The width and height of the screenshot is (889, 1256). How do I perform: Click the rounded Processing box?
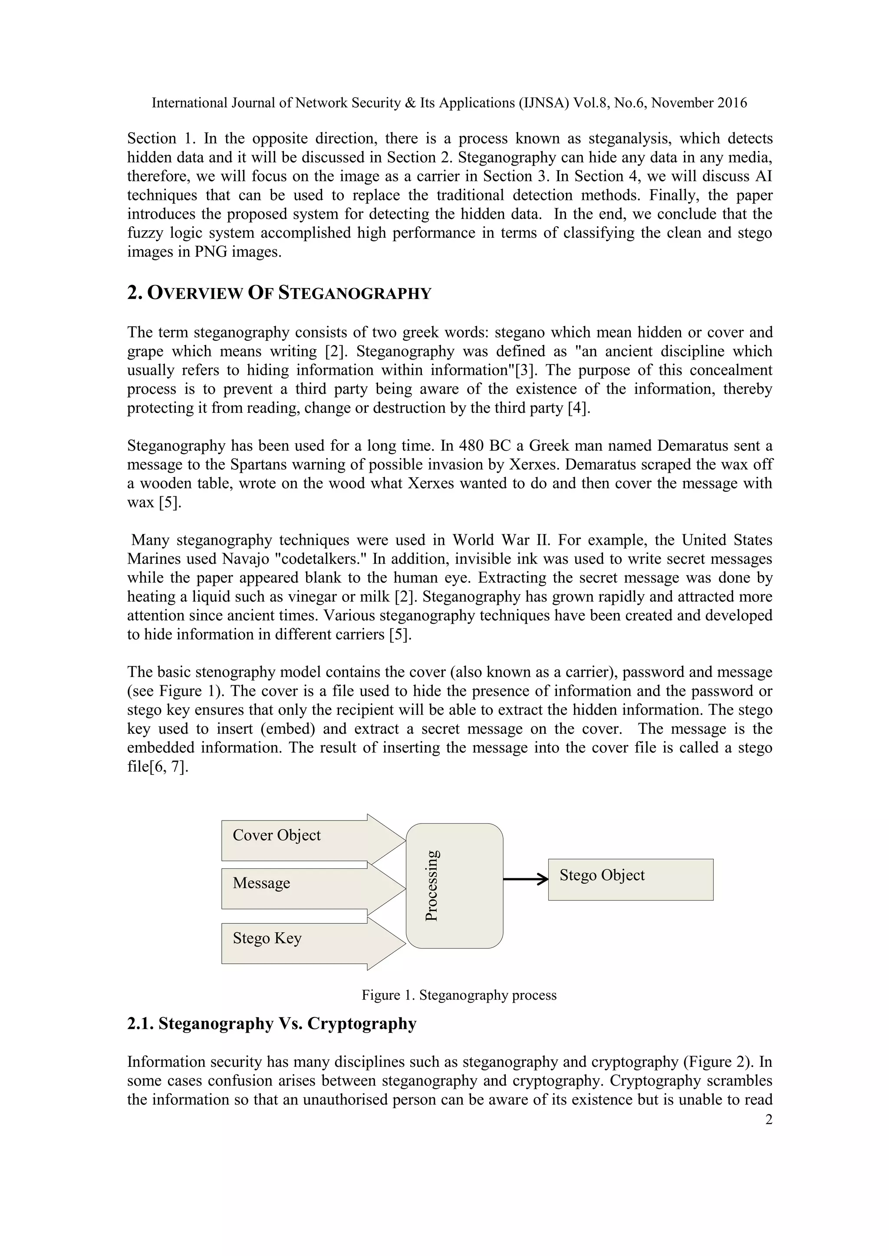pyautogui.click(x=454, y=886)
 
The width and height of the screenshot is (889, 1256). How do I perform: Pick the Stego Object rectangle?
pyautogui.click(x=631, y=880)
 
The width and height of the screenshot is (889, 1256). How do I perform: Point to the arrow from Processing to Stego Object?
pyautogui.click(x=526, y=880)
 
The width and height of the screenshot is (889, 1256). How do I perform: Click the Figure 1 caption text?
pyautogui.click(x=459, y=995)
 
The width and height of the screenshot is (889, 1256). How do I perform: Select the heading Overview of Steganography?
pyautogui.click(x=279, y=293)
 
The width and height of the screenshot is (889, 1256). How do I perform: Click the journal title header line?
pyautogui.click(x=449, y=103)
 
